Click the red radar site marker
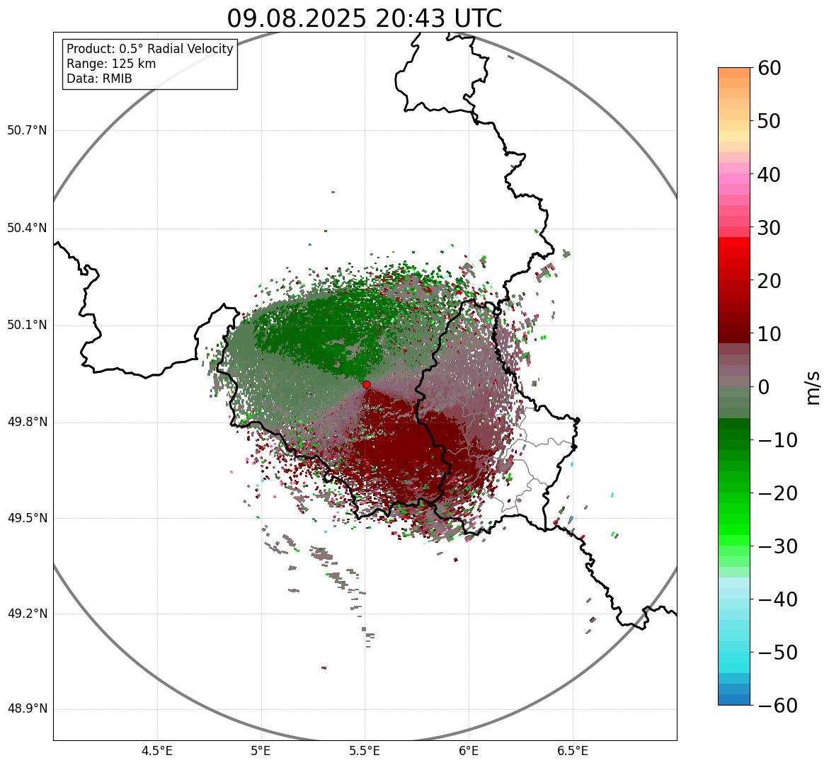pyautogui.click(x=366, y=384)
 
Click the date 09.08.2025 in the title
pyautogui.click(x=296, y=19)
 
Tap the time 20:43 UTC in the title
pyautogui.click(x=438, y=19)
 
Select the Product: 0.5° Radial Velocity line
pyautogui.click(x=149, y=49)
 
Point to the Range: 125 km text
pyautogui.click(x=111, y=64)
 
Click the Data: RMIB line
pyautogui.click(x=99, y=79)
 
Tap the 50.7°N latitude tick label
pyautogui.click(x=27, y=131)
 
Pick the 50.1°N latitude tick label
pyautogui.click(x=27, y=326)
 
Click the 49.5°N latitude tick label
pyautogui.click(x=27, y=518)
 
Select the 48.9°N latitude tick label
pyautogui.click(x=27, y=709)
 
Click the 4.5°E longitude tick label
pyautogui.click(x=157, y=750)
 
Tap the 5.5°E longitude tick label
pyautogui.click(x=365, y=750)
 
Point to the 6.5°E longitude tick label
pyautogui.click(x=572, y=750)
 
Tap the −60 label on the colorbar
pyautogui.click(x=777, y=706)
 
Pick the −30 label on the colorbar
pyautogui.click(x=777, y=546)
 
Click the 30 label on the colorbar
pyautogui.click(x=774, y=228)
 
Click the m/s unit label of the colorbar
pyautogui.click(x=814, y=387)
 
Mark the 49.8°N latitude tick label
pyautogui.click(x=27, y=422)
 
